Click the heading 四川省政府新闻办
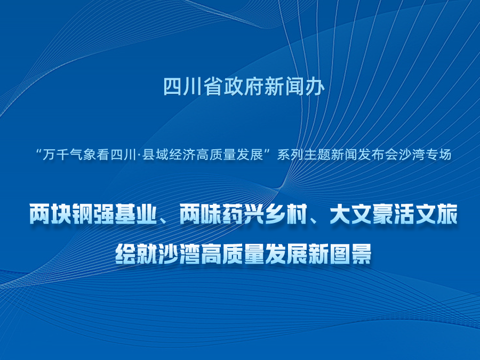click(x=244, y=86)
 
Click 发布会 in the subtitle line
click(x=378, y=155)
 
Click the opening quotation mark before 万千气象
click(x=39, y=151)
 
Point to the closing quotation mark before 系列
click(x=270, y=151)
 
